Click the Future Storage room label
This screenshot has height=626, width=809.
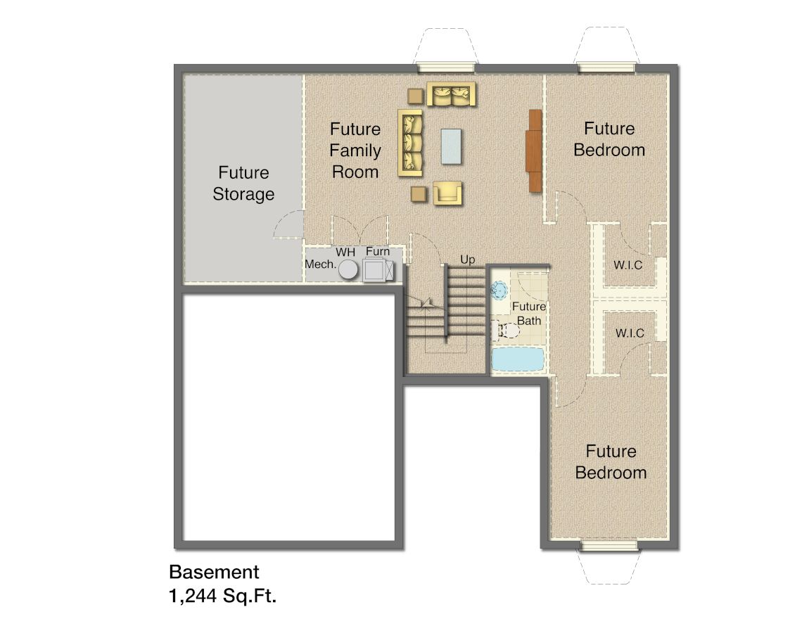click(243, 183)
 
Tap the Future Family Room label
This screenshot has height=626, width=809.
click(355, 151)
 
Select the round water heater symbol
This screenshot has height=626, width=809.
click(348, 269)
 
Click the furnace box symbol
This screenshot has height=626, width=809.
click(378, 270)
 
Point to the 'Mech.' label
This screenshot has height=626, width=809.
click(320, 264)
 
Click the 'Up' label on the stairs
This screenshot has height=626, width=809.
click(467, 259)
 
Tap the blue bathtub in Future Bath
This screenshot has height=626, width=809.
click(518, 359)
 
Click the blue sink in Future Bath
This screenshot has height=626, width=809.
click(499, 290)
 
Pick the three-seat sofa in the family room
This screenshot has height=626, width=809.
click(410, 143)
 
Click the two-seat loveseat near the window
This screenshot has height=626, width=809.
click(451, 94)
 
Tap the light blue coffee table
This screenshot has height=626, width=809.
click(451, 146)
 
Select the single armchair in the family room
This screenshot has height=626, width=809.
click(447, 193)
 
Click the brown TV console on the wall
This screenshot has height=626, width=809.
click(534, 151)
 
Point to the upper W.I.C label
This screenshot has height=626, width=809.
click(628, 265)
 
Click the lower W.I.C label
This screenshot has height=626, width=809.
click(630, 333)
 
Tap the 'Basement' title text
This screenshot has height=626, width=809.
click(214, 572)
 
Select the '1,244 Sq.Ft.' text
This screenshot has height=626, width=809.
click(223, 596)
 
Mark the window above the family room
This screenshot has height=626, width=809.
click(446, 67)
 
